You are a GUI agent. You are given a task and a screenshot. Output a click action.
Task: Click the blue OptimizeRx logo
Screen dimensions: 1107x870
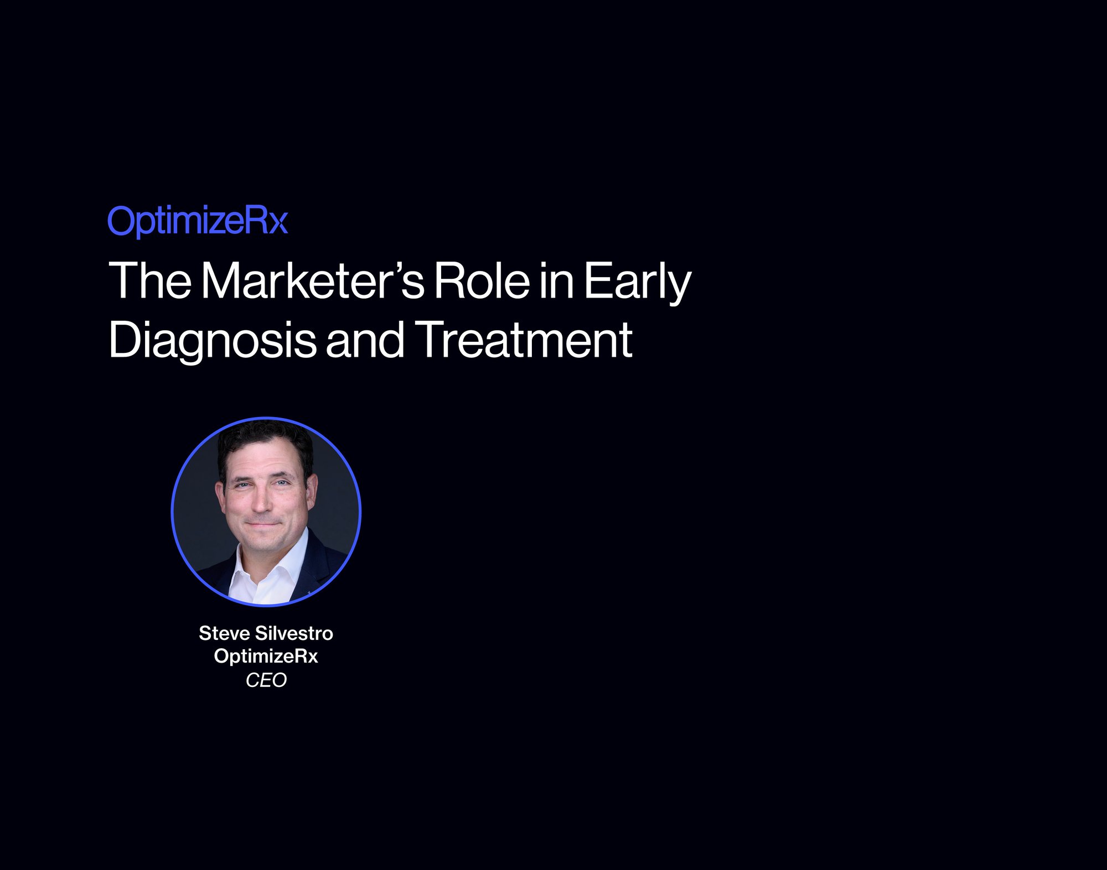coord(198,221)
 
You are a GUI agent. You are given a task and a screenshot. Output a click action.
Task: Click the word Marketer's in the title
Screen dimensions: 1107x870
coord(313,280)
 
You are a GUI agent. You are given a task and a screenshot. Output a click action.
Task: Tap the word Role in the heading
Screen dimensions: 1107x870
coord(482,280)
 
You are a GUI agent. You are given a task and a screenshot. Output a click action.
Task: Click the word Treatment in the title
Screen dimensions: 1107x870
coord(524,339)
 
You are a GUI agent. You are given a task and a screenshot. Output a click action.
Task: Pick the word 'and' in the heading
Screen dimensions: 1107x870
coord(365,339)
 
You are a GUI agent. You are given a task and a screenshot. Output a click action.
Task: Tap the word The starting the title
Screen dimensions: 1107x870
coord(150,280)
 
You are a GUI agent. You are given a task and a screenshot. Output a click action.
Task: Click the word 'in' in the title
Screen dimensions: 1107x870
coord(557,280)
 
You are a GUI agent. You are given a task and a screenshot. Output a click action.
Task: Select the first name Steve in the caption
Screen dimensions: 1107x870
coord(224,633)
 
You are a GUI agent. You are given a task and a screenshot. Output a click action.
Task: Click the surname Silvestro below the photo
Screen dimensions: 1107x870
coord(294,633)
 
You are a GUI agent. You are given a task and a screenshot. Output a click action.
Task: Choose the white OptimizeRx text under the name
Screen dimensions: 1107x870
coord(266,657)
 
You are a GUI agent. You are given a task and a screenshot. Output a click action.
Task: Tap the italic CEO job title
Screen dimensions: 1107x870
coord(266,680)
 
